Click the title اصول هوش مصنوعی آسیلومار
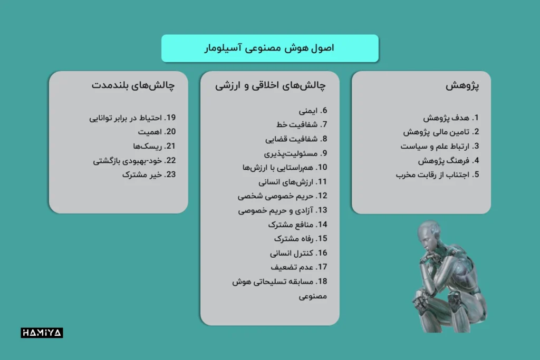tap(270, 48)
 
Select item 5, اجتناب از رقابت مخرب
tap(437, 174)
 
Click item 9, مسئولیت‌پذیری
tap(295, 153)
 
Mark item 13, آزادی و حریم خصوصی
tap(283, 210)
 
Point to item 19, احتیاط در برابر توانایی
tap(132, 118)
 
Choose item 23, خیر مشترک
tap(148, 174)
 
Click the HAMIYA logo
tap(42, 333)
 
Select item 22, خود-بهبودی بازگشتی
tap(134, 160)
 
